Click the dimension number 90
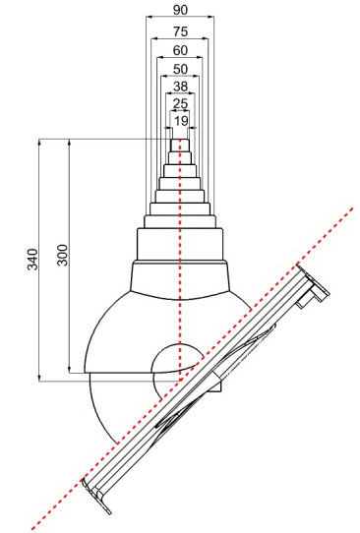pos(180,10)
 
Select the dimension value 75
pos(180,31)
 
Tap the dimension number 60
pos(180,51)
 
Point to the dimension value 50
pos(180,70)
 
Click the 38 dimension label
pos(180,87)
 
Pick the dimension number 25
pos(180,103)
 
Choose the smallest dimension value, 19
pos(181,121)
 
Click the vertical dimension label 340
pos(33,259)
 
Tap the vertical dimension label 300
pos(63,255)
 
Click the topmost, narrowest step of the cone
pos(180,146)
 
